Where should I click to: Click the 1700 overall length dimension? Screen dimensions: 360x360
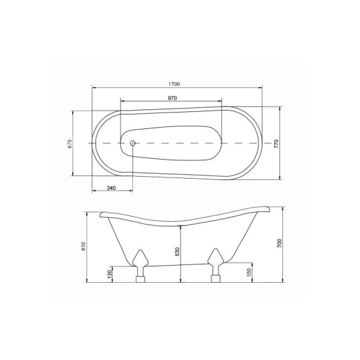click(175, 84)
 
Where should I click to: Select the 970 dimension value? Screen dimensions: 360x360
click(172, 98)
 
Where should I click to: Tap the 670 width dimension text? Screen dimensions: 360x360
click(70, 143)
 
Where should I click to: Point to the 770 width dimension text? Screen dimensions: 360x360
click(276, 143)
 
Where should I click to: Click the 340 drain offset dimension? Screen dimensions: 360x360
click(111, 188)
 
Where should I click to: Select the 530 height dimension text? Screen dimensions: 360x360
click(177, 252)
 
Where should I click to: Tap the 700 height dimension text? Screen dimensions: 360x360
click(279, 243)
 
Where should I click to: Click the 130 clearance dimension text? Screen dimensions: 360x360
click(109, 274)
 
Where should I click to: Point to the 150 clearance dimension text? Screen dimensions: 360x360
click(249, 272)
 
